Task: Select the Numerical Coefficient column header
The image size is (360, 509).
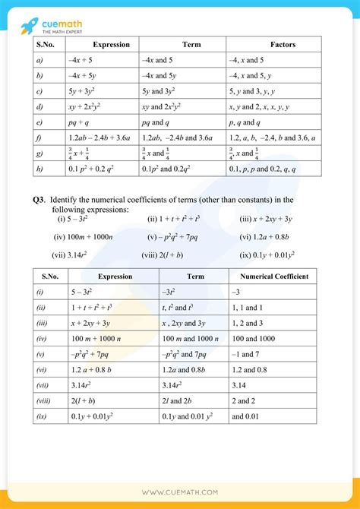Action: (x=273, y=277)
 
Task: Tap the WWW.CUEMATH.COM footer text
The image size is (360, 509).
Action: (x=180, y=492)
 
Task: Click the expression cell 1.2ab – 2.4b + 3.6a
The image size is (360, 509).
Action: (x=99, y=138)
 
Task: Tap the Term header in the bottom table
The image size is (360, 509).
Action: (x=195, y=277)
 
